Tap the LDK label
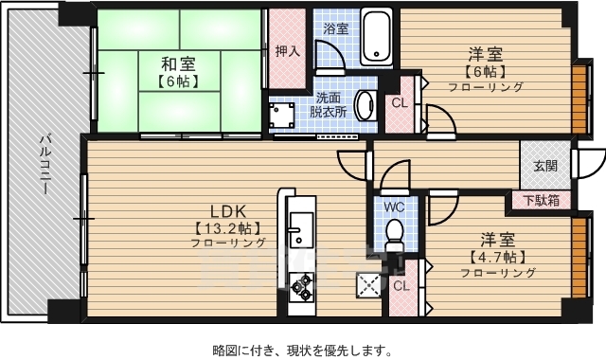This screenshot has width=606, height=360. click(228, 210)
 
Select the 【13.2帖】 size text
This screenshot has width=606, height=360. click(227, 228)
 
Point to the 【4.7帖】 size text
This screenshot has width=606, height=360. click(497, 257)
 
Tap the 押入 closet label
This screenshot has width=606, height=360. click(287, 50)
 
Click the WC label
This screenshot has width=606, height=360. click(395, 205)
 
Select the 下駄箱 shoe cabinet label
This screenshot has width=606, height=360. click(541, 200)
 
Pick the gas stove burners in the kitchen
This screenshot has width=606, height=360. click(302, 283)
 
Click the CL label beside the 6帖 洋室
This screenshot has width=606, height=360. click(399, 104)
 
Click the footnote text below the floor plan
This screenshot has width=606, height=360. click(301, 350)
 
